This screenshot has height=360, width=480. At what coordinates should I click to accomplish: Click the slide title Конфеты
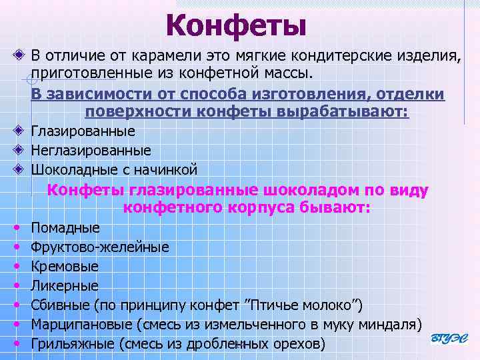[237, 26]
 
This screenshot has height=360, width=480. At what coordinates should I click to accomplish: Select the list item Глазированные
[83, 131]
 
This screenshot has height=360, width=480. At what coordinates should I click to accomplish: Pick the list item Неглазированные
[91, 151]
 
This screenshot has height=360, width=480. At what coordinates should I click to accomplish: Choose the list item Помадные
[65, 228]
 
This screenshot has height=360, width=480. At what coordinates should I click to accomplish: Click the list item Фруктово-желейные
[100, 247]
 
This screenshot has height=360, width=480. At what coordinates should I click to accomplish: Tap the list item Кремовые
[65, 267]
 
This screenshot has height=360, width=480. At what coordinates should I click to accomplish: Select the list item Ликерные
[65, 286]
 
